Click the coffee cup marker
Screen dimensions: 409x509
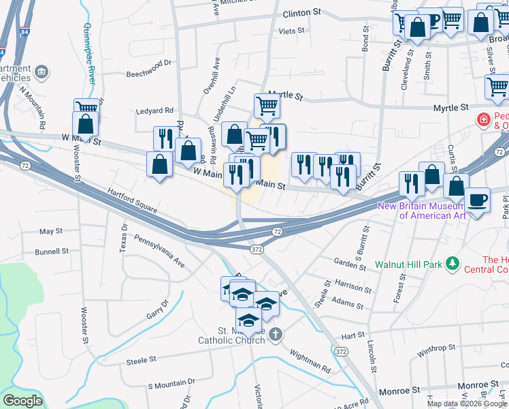pos(477,200)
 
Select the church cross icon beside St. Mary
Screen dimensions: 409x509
pos(275,334)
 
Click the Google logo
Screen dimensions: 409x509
pos(22,401)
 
